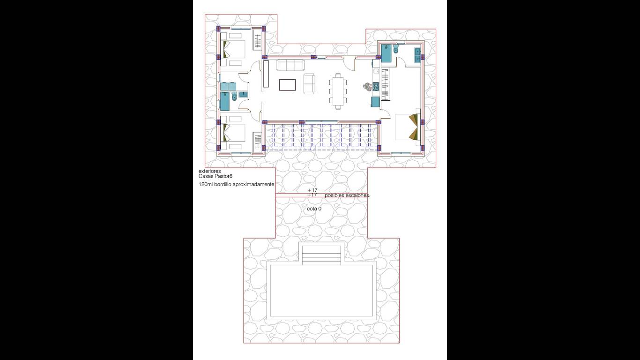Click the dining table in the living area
[338, 91]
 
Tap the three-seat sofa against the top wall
[290, 65]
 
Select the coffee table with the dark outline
[287, 85]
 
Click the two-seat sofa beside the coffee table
[309, 83]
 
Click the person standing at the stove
[367, 87]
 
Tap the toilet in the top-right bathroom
[396, 49]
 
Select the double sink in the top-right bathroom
[417, 55]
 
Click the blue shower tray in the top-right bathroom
[386, 53]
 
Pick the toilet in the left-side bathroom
[235, 97]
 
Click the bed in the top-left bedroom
[234, 50]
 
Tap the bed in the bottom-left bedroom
[234, 133]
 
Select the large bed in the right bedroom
[407, 127]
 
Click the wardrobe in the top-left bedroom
[258, 42]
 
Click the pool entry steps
[322, 255]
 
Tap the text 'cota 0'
[314, 209]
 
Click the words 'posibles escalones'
[347, 195]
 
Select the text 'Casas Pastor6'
[216, 176]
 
